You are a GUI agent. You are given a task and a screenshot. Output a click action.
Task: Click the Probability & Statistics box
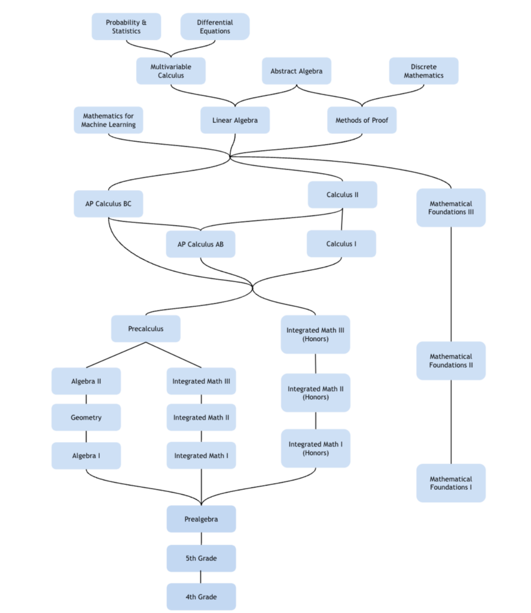click(126, 26)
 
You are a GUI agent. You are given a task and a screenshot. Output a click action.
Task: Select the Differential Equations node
click(215, 26)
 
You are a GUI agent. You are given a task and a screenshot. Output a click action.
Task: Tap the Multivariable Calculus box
click(170, 71)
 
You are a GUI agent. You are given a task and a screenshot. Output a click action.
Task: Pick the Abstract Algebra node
click(297, 71)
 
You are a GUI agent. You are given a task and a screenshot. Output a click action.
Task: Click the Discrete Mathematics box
click(423, 71)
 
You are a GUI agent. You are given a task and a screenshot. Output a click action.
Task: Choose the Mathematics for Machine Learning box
click(108, 120)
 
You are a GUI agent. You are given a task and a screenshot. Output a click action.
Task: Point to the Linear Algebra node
click(235, 120)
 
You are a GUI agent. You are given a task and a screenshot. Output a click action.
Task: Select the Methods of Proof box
click(362, 120)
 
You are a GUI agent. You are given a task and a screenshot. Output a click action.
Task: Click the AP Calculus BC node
click(108, 204)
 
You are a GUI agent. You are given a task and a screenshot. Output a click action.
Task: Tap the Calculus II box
click(343, 195)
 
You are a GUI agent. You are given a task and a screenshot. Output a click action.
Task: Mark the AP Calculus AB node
click(201, 244)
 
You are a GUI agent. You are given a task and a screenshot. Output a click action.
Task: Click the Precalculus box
click(146, 329)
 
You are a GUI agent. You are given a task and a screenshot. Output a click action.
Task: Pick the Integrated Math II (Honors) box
click(316, 393)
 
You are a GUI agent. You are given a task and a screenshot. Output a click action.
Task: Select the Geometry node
click(86, 417)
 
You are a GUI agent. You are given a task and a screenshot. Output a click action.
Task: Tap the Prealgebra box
click(201, 519)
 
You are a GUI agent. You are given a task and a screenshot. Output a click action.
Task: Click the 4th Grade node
click(201, 597)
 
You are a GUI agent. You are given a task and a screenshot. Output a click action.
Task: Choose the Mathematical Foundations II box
click(451, 361)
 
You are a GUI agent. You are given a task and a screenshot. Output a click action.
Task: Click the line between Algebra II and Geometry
click(86, 399)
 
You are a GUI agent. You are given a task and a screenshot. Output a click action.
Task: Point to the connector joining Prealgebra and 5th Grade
click(201, 539)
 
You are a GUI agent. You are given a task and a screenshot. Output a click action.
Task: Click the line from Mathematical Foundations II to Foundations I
click(451, 422)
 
